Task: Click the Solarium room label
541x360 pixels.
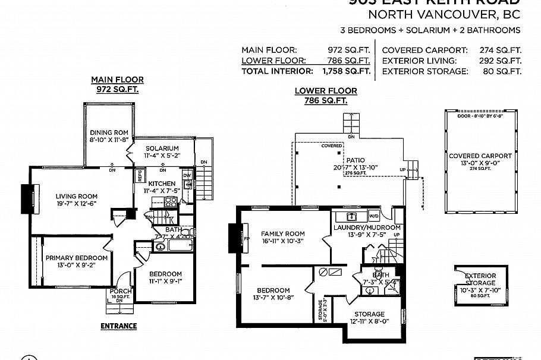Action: click(x=161, y=148)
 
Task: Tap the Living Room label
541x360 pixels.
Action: click(x=76, y=196)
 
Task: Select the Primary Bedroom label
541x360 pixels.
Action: click(x=77, y=258)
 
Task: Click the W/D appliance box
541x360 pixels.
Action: click(x=375, y=216)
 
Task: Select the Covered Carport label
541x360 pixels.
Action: click(x=480, y=156)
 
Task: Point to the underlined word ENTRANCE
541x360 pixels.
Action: click(x=118, y=326)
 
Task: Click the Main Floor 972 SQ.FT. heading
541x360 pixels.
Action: click(x=117, y=84)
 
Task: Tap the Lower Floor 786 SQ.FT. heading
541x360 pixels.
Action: click(x=326, y=96)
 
